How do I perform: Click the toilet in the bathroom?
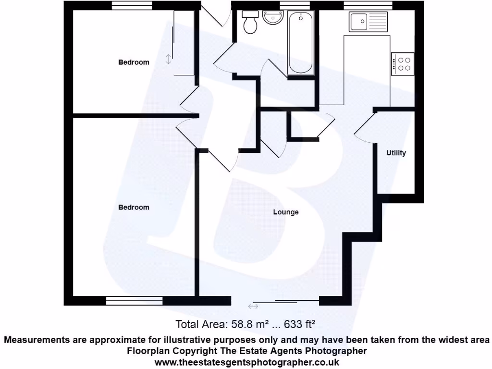click(x=250, y=23)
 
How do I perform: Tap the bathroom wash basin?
click(x=274, y=18)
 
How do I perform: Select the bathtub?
click(x=301, y=43)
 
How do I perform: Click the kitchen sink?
click(x=369, y=22)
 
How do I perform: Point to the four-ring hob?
click(x=403, y=64)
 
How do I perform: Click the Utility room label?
click(x=396, y=153)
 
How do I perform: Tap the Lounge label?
click(x=286, y=212)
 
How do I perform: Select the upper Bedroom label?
click(x=134, y=62)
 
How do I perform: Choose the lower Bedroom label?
click(x=134, y=207)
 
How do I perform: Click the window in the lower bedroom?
click(x=135, y=301)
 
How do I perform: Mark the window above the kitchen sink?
click(x=369, y=5)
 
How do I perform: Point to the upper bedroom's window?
click(x=133, y=5)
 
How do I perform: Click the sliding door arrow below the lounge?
click(x=253, y=307)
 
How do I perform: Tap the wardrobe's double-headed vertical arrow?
click(x=168, y=59)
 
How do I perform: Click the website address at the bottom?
click(x=246, y=362)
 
